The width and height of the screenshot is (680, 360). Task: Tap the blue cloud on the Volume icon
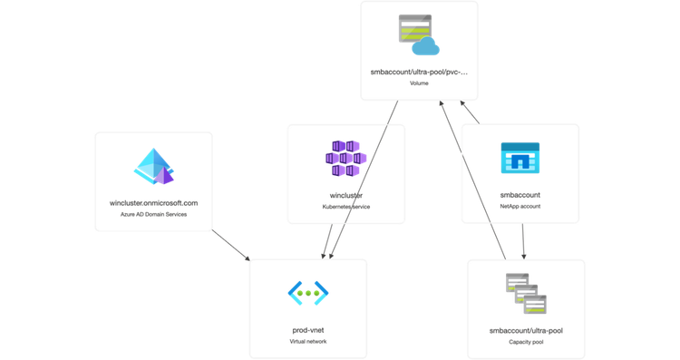424,46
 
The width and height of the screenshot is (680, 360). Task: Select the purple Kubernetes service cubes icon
345,160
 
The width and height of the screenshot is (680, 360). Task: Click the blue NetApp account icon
520,159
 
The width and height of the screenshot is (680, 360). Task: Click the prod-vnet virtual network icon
307,293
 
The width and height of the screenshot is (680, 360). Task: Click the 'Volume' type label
419,83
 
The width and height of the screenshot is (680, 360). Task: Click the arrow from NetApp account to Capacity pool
523,240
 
